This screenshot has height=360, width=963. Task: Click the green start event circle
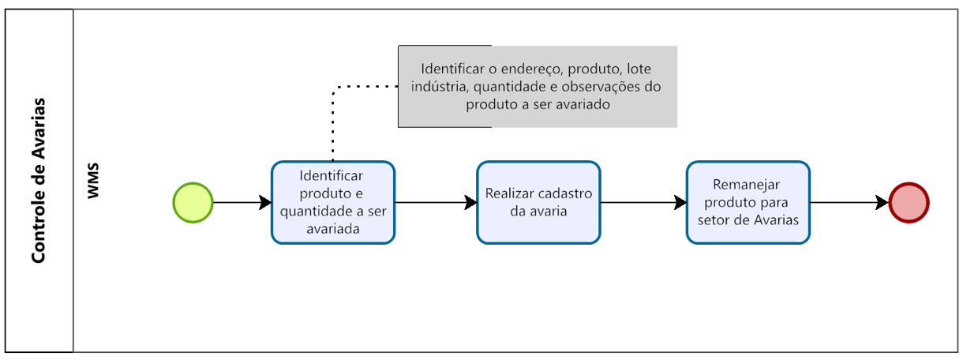[x=193, y=203]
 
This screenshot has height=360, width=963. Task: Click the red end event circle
[x=909, y=203]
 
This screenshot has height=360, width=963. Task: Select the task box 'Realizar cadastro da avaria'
[x=538, y=202]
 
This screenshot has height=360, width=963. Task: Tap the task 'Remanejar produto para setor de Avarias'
[x=748, y=202]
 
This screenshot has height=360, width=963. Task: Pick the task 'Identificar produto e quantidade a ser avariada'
[x=332, y=202]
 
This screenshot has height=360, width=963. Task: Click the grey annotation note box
[x=537, y=86]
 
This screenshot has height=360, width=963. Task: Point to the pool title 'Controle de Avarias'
[x=38, y=181]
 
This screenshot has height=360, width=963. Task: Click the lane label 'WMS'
[x=94, y=181]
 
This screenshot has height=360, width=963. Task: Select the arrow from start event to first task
[x=242, y=203]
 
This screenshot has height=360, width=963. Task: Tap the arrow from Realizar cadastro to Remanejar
[x=643, y=203]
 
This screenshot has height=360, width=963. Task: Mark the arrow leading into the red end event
[x=849, y=203]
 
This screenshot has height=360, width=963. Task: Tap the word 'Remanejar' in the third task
[x=747, y=185]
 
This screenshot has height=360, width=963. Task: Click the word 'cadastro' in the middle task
[x=563, y=193]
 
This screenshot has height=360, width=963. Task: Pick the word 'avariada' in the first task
[x=332, y=229]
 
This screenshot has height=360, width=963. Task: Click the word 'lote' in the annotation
[x=639, y=69]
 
